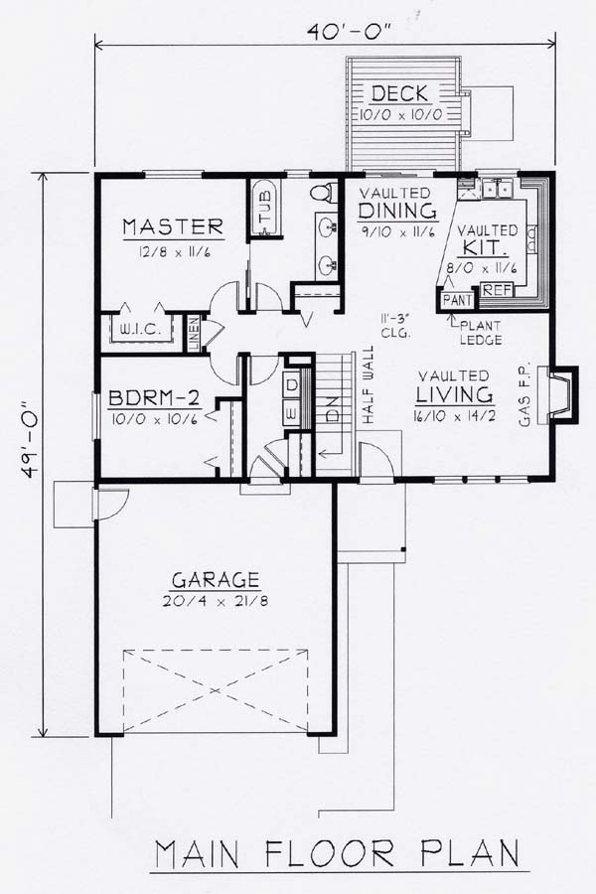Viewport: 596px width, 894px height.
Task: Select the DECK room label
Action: coord(399,93)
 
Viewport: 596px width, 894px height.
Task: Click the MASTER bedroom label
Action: coord(173,226)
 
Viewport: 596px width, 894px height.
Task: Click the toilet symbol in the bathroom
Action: coord(323,191)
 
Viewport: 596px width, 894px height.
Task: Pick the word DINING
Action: coord(397,211)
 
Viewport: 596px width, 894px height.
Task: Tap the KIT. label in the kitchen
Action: coord(486,248)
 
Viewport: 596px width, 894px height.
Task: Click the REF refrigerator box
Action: coord(498,290)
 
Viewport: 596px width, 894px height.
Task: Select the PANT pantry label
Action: coord(457,300)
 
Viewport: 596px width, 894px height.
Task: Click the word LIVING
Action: coord(454,394)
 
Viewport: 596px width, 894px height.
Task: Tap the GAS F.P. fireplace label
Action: coord(524,394)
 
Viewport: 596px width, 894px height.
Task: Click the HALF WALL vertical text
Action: coord(368,384)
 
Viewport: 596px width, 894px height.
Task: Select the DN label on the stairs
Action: coord(332,407)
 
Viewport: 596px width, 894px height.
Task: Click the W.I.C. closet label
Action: coord(139,330)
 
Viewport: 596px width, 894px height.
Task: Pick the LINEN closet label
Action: coord(194,334)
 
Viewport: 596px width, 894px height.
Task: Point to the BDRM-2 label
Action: coord(153,396)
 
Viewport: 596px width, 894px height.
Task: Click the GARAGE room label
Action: coord(216,580)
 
